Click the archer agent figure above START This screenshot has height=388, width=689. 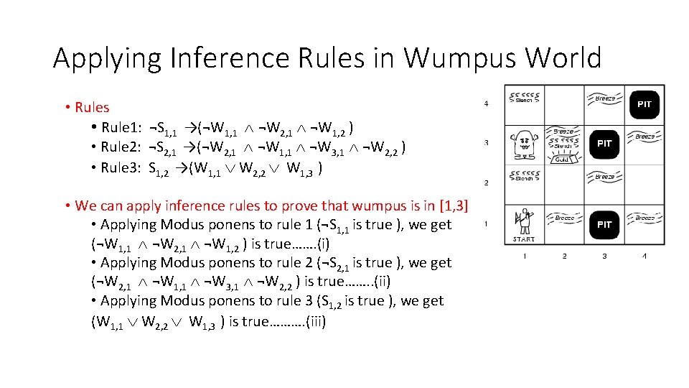(523, 221)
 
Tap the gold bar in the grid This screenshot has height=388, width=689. (563, 160)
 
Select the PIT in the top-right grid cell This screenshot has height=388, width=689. (645, 104)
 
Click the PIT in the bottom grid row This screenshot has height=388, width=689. (604, 225)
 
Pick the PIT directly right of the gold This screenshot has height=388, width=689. (604, 144)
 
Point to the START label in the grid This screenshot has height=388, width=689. (523, 239)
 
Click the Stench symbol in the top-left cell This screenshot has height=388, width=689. (524, 97)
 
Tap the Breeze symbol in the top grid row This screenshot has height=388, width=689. (604, 98)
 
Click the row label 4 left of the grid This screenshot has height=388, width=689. (487, 104)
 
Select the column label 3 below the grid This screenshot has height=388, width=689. (604, 257)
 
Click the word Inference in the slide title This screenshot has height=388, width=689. (203, 58)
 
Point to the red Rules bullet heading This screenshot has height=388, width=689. (92, 108)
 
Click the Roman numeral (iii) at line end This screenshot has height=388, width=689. (315, 322)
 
